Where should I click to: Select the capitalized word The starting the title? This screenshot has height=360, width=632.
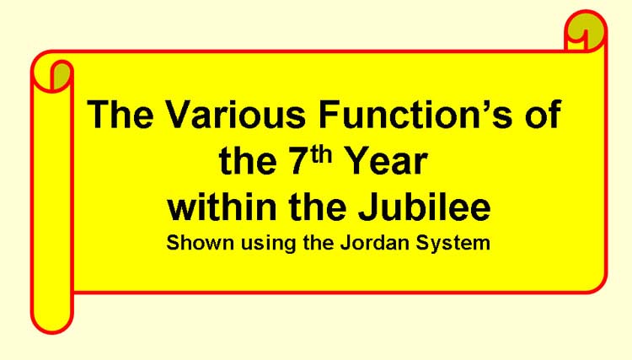pos(121,114)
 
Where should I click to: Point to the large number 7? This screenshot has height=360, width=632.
pos(299,162)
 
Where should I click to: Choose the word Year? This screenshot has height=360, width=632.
pos(387,162)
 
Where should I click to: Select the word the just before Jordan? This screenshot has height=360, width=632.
pos(318,243)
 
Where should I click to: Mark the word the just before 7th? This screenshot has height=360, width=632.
pos(248,162)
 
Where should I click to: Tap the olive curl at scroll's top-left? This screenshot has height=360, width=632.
pos(62,76)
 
